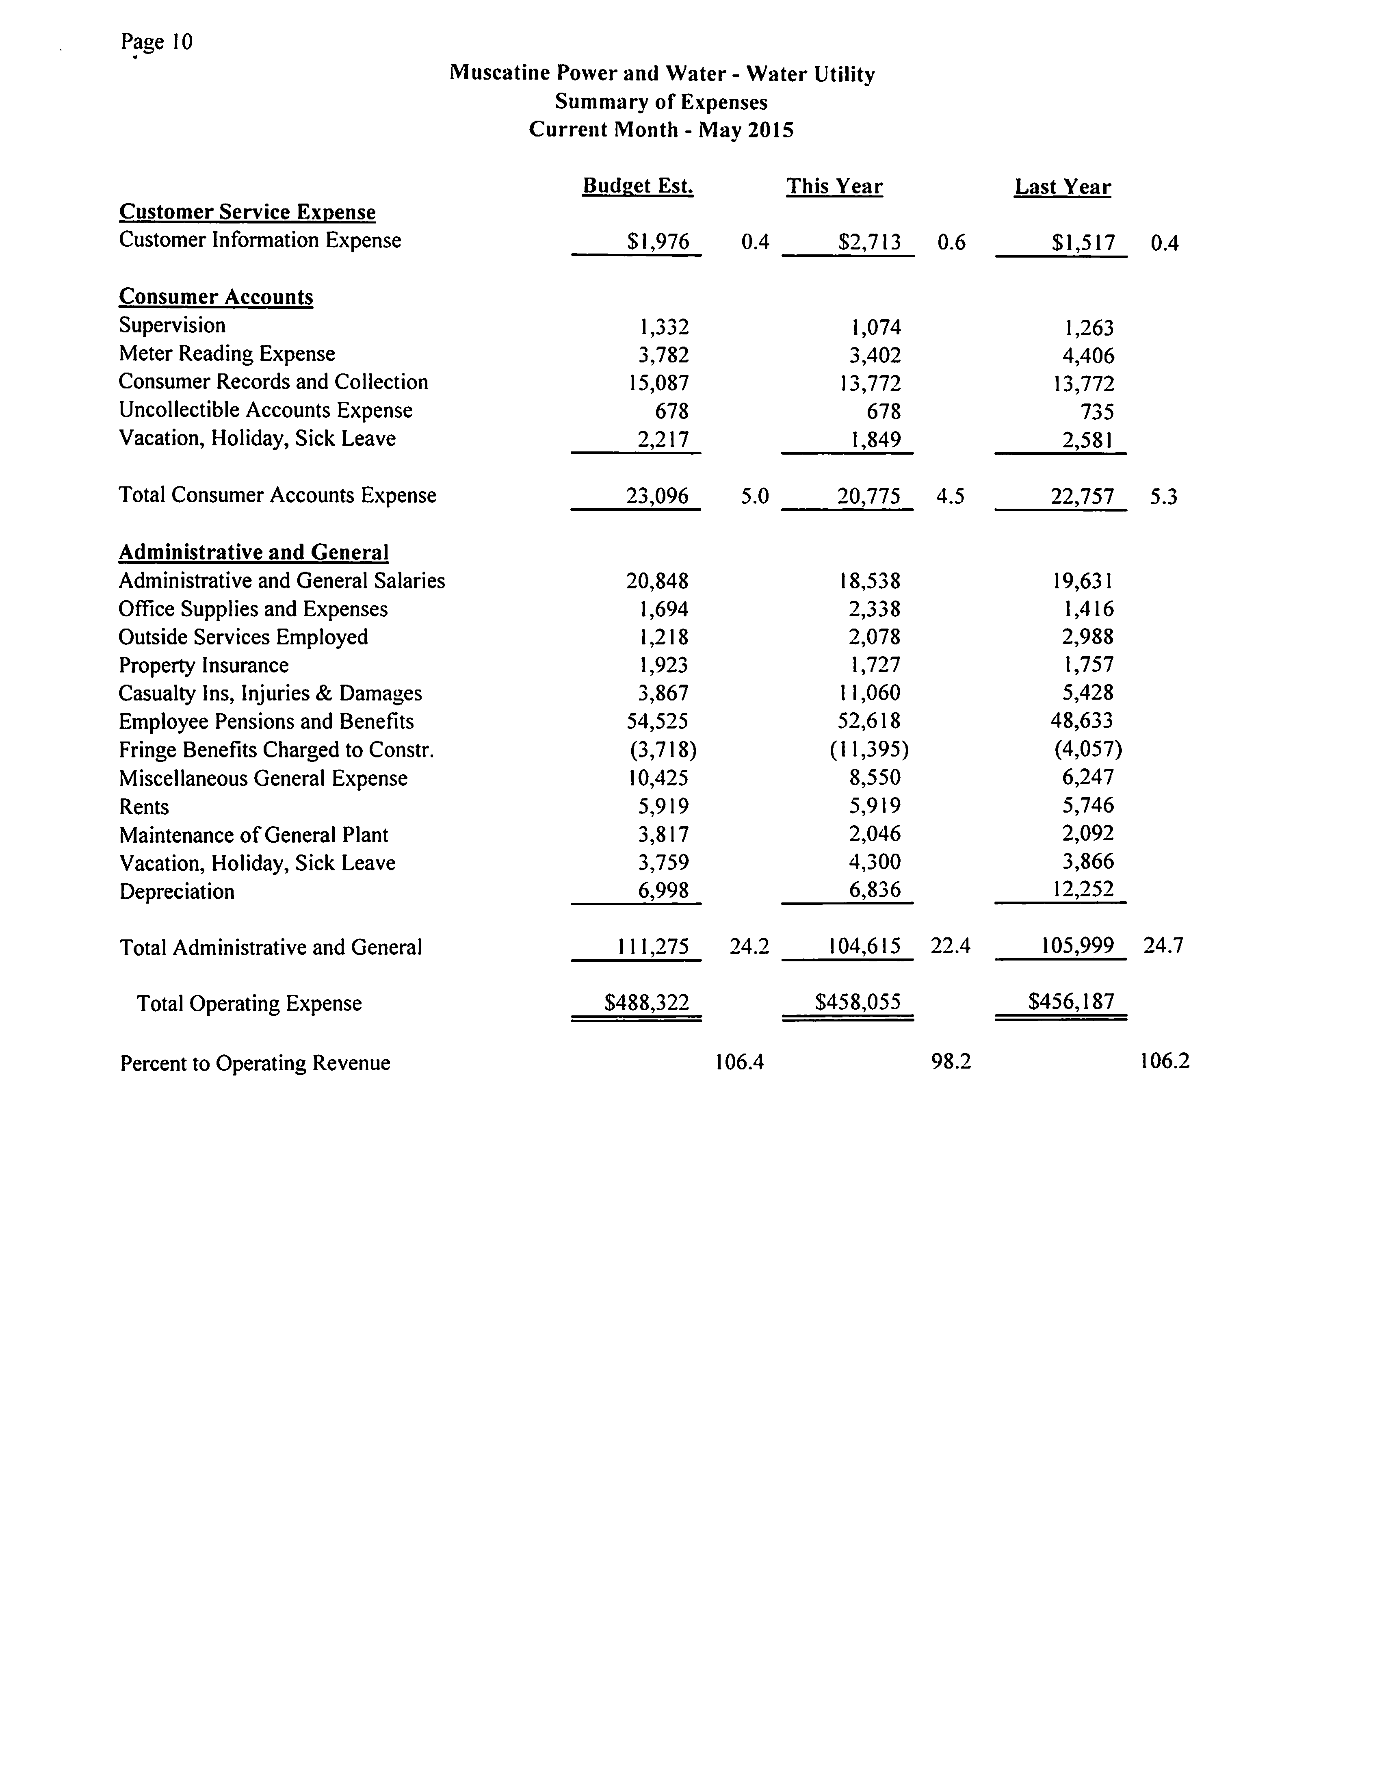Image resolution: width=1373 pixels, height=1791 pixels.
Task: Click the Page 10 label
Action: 157,42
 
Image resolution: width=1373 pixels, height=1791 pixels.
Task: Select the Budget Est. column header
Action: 637,186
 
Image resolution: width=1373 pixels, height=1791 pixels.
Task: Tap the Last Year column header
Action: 1062,187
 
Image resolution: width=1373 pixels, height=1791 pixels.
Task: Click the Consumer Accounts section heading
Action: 216,297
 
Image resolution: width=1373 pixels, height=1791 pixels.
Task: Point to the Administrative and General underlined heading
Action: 253,553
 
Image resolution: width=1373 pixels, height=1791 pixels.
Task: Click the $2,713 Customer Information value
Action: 870,242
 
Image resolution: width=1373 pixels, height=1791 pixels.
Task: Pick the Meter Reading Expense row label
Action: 226,354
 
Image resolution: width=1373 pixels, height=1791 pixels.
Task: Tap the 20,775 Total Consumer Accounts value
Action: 869,496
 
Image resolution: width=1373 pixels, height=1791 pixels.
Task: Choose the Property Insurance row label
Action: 204,666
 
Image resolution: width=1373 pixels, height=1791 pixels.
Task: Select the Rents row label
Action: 144,807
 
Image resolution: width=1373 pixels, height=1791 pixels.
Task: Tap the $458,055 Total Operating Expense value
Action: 858,1002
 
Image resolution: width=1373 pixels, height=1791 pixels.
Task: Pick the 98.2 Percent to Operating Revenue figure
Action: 951,1062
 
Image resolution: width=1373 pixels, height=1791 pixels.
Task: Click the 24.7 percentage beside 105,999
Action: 1163,946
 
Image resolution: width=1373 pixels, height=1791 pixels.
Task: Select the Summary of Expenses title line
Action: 661,102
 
